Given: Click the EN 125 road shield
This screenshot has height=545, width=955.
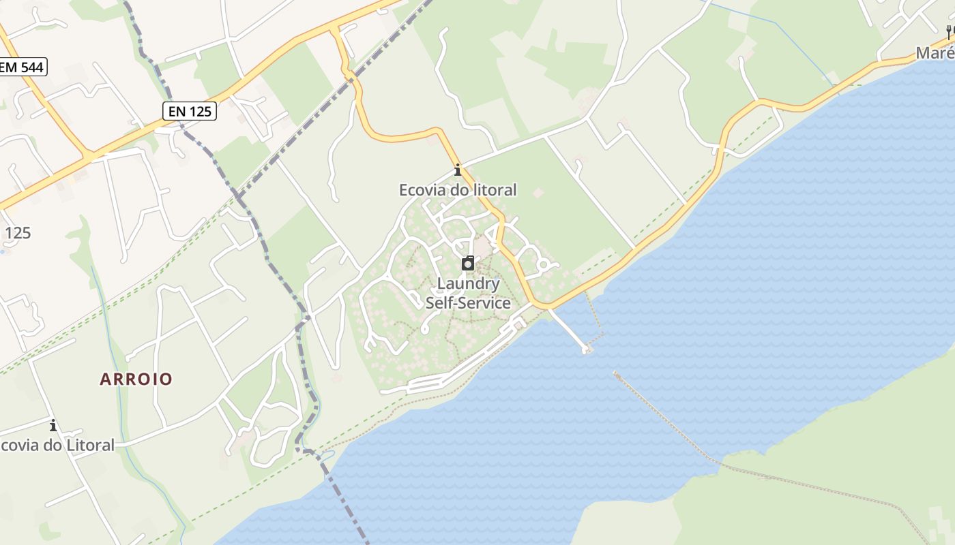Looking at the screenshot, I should pyautogui.click(x=190, y=110).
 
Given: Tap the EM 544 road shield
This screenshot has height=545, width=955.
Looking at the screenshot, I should pyautogui.click(x=23, y=67).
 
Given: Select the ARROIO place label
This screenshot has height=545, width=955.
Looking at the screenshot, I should pyautogui.click(x=136, y=379).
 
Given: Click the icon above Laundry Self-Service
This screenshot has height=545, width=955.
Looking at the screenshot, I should pyautogui.click(x=468, y=263).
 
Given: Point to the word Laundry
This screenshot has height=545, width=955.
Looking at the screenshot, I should pyautogui.click(x=468, y=283).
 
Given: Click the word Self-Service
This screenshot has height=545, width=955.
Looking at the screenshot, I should pyautogui.click(x=468, y=303).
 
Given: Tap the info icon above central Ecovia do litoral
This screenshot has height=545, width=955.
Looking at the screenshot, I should pyautogui.click(x=458, y=170).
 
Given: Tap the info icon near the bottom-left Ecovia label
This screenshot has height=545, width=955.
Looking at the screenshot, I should pyautogui.click(x=53, y=426).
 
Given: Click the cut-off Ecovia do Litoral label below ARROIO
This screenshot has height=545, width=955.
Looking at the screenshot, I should pyautogui.click(x=57, y=446).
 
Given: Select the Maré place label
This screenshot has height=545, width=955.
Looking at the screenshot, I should pyautogui.click(x=935, y=53).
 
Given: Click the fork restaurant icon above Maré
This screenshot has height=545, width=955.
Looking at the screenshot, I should pyautogui.click(x=949, y=31).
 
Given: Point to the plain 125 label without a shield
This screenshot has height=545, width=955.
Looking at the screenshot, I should pyautogui.click(x=18, y=233).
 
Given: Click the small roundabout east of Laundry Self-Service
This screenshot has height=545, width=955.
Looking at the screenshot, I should pyautogui.click(x=544, y=264).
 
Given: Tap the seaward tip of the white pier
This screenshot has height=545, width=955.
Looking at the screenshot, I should pyautogui.click(x=585, y=350).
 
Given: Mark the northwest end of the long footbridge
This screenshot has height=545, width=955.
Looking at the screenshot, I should pyautogui.click(x=615, y=373).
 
